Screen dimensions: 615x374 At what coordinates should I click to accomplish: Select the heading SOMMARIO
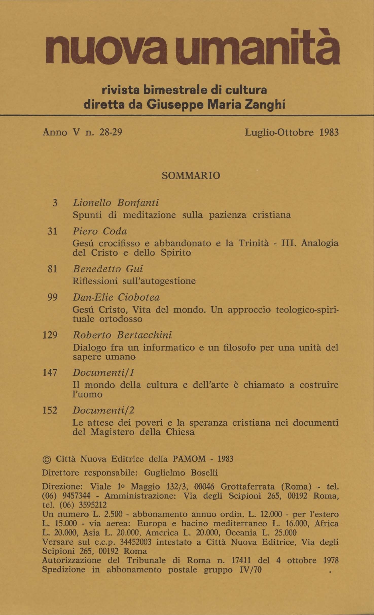click(x=191, y=176)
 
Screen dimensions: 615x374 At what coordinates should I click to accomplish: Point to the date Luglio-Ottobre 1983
click(x=292, y=133)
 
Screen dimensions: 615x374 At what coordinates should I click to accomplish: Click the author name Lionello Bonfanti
click(x=116, y=203)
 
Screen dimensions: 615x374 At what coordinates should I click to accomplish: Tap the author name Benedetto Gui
click(x=108, y=269)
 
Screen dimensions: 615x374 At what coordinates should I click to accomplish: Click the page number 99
click(x=52, y=297)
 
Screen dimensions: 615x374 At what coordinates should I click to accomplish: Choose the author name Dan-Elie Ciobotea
click(x=116, y=297)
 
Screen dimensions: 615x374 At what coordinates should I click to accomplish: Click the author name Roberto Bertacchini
click(x=122, y=335)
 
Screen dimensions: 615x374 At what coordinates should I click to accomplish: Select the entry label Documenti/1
click(x=103, y=373)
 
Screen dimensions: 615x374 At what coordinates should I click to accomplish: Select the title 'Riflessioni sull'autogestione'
click(x=134, y=281)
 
